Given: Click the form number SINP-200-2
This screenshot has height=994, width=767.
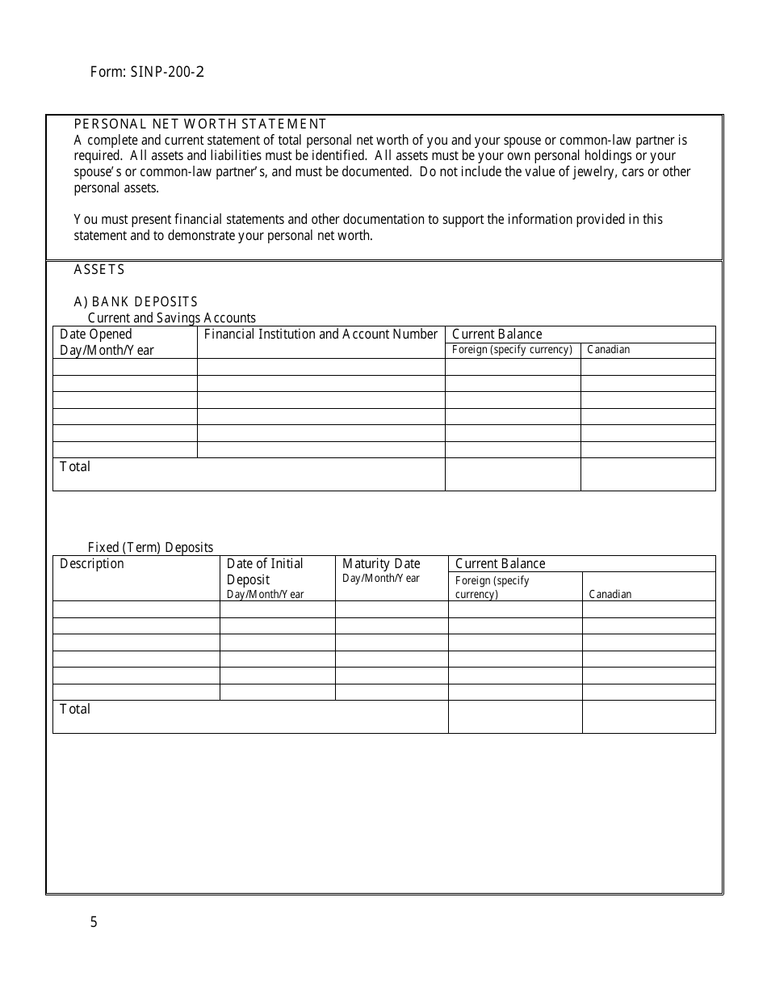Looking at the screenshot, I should pos(147,72).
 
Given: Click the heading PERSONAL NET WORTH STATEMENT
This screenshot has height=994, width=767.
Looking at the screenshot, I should pos(200,124).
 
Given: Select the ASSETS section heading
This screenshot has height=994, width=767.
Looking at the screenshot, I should pos(99,270).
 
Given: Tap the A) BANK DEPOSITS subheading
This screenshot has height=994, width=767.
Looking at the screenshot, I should pos(136,302).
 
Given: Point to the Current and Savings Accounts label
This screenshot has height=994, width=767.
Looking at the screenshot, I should pos(171,318).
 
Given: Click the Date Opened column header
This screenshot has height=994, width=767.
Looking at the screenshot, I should pos(96,335).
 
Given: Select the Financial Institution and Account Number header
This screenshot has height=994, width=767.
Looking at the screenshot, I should pos(321,335).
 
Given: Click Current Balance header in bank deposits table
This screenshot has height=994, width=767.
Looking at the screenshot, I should pos(497,335).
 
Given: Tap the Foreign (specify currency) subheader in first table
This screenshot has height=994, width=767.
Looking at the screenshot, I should pos(512,350).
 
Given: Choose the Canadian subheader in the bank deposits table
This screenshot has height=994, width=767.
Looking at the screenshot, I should pos(609,350).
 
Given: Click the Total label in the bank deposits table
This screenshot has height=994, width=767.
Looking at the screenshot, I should pos(75,467).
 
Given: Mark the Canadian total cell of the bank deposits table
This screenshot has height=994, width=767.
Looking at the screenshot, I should pos(648,474).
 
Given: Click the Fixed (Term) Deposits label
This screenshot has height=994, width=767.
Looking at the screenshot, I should pos(150,548).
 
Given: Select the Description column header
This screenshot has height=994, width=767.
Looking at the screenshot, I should pos(92,564).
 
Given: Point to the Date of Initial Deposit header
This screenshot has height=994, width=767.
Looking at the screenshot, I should pos(265,572).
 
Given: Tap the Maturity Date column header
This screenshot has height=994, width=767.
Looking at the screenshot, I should pos(381,564).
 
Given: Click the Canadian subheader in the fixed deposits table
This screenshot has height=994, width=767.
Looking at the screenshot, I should pos(610,594).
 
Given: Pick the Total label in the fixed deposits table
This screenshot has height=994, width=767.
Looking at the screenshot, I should pos(75,710).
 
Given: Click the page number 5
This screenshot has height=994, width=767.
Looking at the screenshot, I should pos(94,922).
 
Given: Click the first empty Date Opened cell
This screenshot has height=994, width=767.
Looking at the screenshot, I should pos(125,367).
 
